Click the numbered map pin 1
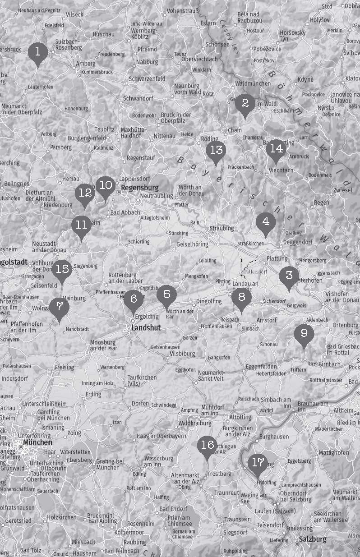click(x=38, y=52)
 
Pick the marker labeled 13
click(x=217, y=150)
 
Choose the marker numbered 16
click(x=208, y=446)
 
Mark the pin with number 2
click(x=245, y=103)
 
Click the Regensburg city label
click(x=140, y=188)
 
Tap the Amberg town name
click(x=86, y=64)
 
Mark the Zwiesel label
click(x=343, y=190)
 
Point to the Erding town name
click(x=93, y=394)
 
